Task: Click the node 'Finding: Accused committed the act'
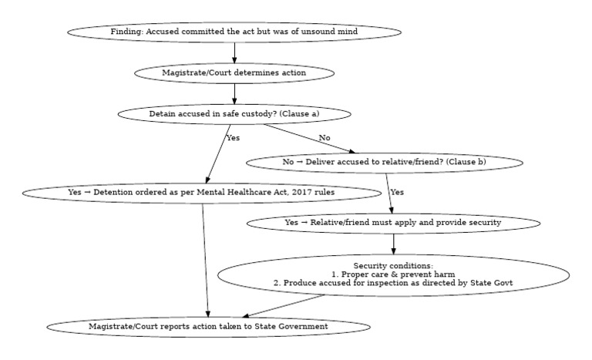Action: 234,32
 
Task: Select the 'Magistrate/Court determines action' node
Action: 234,73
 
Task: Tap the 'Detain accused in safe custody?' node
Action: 234,114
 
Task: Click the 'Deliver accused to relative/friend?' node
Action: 385,163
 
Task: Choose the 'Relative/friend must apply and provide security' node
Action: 393,222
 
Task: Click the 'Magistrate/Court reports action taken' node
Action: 208,327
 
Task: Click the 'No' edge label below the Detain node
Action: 325,138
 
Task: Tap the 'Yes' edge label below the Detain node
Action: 233,138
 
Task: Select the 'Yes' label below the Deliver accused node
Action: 397,191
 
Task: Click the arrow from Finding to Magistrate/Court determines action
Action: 234,52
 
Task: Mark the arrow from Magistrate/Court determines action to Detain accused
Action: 234,93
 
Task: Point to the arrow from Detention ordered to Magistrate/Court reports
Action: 206,258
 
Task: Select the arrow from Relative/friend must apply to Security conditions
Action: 393,243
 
